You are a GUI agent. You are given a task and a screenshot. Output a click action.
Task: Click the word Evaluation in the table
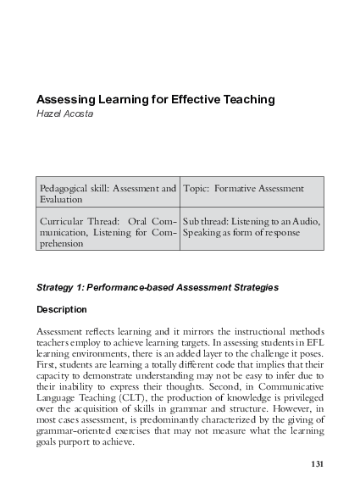coord(61,199)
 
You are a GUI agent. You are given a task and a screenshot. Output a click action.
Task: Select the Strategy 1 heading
coord(158,287)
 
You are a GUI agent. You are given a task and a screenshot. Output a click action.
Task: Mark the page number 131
coord(317,463)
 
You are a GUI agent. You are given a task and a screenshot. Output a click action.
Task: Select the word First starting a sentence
coord(48,363)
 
